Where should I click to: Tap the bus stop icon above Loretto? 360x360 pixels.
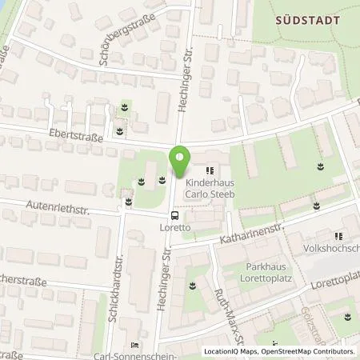[x=174, y=214]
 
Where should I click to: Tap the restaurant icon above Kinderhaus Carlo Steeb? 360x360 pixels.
[x=210, y=169]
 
